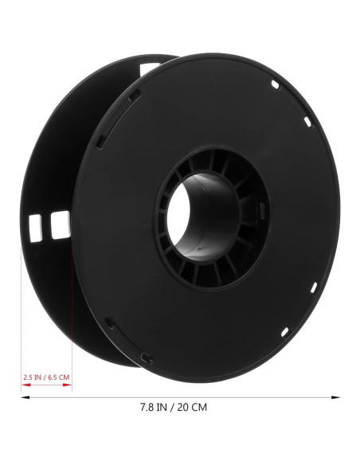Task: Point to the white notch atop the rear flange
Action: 149,67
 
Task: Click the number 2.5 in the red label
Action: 28,377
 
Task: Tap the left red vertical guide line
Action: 21,318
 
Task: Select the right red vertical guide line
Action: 72,318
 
